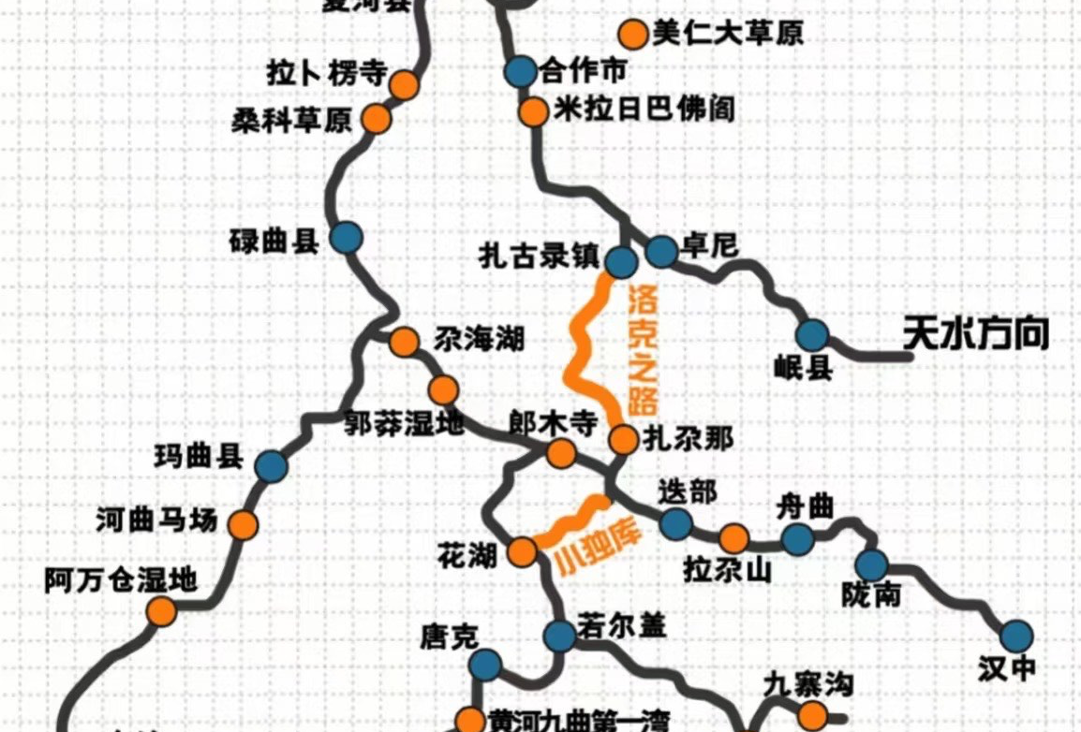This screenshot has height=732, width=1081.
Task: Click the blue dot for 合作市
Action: coord(520,71)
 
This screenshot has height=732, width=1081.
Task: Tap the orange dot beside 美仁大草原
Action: coord(634,36)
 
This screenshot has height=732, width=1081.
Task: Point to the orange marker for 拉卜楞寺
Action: coord(405,84)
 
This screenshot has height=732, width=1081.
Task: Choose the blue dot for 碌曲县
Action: coord(347,238)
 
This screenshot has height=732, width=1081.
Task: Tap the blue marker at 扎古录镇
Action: coord(621,261)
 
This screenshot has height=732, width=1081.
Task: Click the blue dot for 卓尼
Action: coord(661,250)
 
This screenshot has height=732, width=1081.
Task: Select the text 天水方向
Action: coord(976,334)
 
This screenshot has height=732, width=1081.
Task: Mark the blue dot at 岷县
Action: coord(812,335)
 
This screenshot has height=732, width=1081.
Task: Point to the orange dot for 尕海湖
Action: coord(405,342)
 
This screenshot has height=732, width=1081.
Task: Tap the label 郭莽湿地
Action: coord(404,424)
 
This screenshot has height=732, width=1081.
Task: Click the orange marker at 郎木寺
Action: coord(561,454)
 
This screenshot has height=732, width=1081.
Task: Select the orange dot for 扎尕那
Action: coord(623,438)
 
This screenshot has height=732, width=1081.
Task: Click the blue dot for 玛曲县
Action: coord(272,465)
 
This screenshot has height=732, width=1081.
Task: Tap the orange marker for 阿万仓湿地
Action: coord(162,612)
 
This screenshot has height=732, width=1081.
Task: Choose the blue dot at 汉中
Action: coord(1015,637)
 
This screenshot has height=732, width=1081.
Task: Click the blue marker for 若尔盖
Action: coord(559,636)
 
